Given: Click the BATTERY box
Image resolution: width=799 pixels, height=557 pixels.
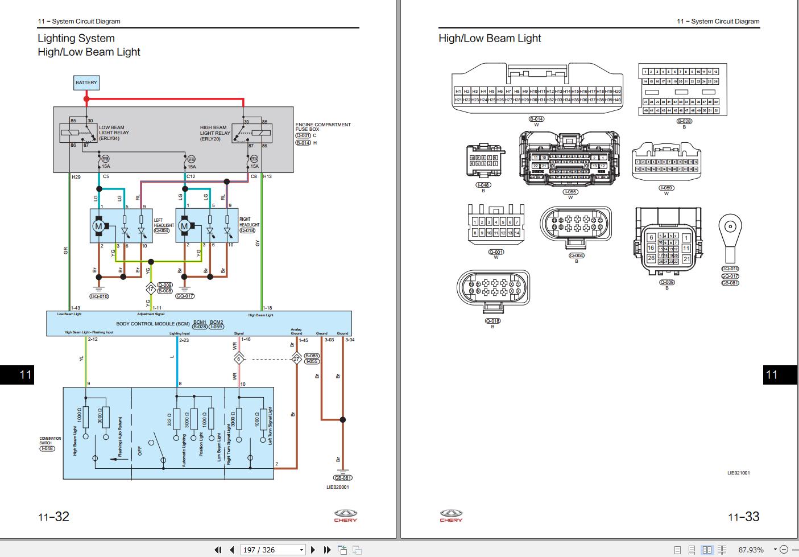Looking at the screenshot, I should pyautogui.click(x=86, y=82).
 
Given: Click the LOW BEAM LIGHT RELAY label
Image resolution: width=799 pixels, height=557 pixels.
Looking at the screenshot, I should pyautogui.click(x=114, y=133).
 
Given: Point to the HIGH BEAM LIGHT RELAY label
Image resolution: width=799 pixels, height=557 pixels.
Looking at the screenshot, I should pyautogui.click(x=214, y=133).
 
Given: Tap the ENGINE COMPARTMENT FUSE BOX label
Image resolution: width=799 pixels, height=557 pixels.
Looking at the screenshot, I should pyautogui.click(x=322, y=127).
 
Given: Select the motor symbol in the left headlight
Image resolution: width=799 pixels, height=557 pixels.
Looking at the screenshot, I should pyautogui.click(x=98, y=226).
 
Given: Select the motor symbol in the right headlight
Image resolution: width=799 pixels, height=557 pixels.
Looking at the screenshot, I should pyautogui.click(x=184, y=226).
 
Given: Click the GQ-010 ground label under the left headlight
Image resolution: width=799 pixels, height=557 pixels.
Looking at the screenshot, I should pyautogui.click(x=99, y=296).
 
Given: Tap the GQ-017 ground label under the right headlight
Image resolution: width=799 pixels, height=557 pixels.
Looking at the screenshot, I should pyautogui.click(x=185, y=296).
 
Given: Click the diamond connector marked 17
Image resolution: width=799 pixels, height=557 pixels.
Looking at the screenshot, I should pyautogui.click(x=150, y=288).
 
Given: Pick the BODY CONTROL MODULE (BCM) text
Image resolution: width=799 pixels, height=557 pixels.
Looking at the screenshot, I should pyautogui.click(x=152, y=324).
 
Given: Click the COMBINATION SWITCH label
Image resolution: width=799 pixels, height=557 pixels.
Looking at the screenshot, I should pyautogui.click(x=49, y=440).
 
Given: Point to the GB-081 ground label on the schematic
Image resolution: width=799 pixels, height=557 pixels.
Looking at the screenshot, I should pyautogui.click(x=342, y=478).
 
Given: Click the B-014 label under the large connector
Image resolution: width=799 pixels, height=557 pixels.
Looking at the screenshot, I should pyautogui.click(x=536, y=119).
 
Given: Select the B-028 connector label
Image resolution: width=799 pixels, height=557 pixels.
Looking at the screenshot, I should pyautogui.click(x=684, y=121).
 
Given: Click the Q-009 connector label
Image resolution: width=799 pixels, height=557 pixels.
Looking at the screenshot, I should pyautogui.click(x=666, y=282).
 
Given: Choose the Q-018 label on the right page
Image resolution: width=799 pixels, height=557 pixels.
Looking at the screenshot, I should pyautogui.click(x=492, y=321).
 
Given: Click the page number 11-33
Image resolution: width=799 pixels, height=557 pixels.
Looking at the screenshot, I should pyautogui.click(x=743, y=517).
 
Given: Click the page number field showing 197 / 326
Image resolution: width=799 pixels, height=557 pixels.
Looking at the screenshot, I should pyautogui.click(x=272, y=550).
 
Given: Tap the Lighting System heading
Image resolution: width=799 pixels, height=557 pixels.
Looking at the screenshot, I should pyautogui.click(x=76, y=38).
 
